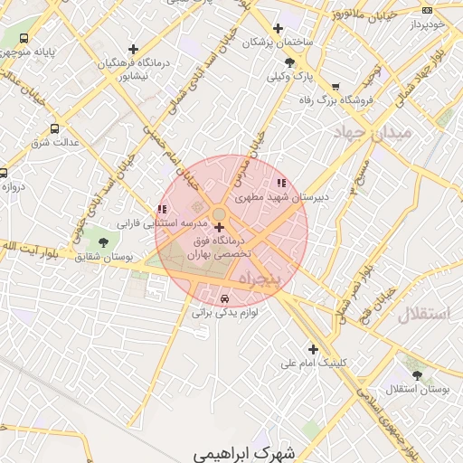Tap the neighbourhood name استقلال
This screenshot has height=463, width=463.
423,315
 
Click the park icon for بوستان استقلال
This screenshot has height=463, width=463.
417,374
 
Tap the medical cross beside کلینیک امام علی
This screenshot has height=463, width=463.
314,349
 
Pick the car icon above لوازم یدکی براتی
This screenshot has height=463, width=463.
224,298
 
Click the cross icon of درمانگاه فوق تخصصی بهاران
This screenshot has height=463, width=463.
219,227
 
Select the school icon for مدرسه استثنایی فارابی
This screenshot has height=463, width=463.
161,210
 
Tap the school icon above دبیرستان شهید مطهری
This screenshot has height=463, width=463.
281,182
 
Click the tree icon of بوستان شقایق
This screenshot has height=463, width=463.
102,242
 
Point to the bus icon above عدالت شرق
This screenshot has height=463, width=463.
55,128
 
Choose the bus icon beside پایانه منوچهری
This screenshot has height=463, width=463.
23,39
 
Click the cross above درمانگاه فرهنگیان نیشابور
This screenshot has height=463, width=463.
134,49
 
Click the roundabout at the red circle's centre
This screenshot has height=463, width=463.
219,213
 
